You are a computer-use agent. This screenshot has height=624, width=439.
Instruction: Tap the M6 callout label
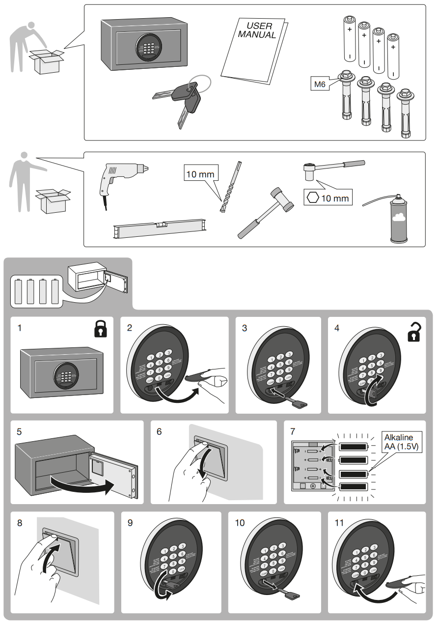coord(320,85)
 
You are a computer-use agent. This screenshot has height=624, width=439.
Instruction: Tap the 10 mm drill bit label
coord(200,174)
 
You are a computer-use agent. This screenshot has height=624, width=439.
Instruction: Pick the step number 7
coord(293,431)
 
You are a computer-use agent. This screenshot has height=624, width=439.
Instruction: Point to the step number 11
coord(339,523)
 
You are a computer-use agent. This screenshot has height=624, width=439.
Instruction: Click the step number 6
coord(159,431)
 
